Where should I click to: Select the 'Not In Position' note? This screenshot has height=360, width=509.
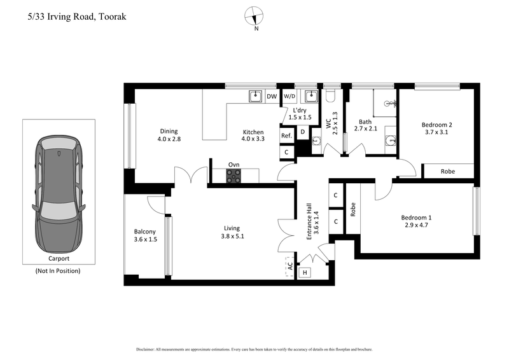tap(58, 270)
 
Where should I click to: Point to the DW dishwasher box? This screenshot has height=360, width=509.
tap(271, 97)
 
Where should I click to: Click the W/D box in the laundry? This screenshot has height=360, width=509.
tap(289, 97)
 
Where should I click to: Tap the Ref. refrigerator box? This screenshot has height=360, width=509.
tap(287, 135)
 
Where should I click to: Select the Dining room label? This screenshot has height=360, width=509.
tap(169, 132)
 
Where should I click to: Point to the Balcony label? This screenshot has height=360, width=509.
tap(145, 232)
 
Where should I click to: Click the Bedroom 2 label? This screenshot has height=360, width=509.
tap(436, 125)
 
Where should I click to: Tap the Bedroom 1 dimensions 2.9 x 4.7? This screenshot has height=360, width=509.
tap(417, 225)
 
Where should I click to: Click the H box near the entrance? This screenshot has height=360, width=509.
tap(305, 273)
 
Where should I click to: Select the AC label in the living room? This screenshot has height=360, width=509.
tap(289, 265)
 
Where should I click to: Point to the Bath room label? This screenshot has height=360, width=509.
tap(365, 122)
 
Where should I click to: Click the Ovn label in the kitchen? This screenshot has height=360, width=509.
tap(234, 164)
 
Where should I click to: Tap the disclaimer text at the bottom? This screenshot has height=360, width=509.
tap(254, 350)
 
